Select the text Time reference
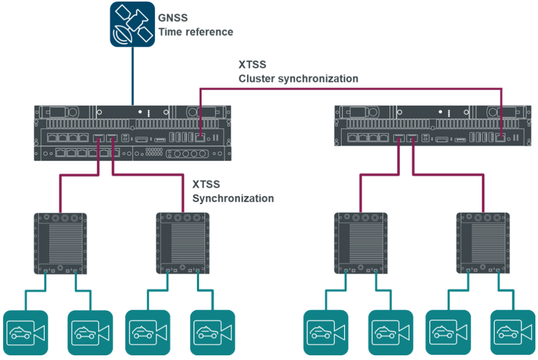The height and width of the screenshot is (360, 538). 196,32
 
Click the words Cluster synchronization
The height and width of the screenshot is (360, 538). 298,79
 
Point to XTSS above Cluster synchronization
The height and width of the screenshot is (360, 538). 252,65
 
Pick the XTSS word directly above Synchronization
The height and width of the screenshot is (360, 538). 206,185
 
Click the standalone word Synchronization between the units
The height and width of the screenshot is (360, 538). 233,199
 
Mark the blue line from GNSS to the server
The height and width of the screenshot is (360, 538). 132,76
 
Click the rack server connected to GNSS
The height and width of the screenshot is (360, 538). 132,133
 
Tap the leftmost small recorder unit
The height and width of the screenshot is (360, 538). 60,243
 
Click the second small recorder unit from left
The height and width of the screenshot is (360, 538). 183,243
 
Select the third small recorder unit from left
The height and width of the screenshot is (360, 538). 361,243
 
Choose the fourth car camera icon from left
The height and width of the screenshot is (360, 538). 212,332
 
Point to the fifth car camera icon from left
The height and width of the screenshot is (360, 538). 326,332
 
